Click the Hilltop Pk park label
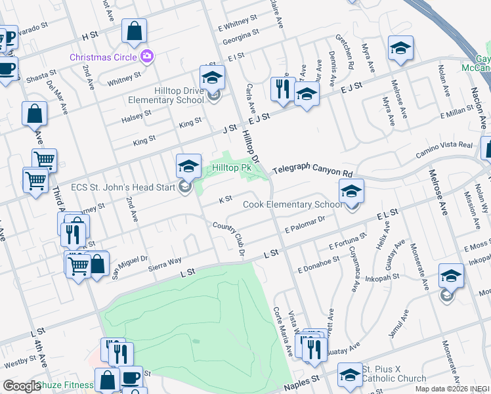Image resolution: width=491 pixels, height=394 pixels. (x=232, y=168)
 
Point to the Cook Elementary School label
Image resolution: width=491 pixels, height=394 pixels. (x=293, y=204)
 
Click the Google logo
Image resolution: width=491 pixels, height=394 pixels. (x=22, y=386)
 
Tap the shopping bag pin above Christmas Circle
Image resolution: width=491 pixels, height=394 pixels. (x=134, y=31)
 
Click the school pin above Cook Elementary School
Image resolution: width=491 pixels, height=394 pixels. (x=351, y=191)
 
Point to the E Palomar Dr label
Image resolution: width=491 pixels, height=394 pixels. (x=305, y=227)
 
